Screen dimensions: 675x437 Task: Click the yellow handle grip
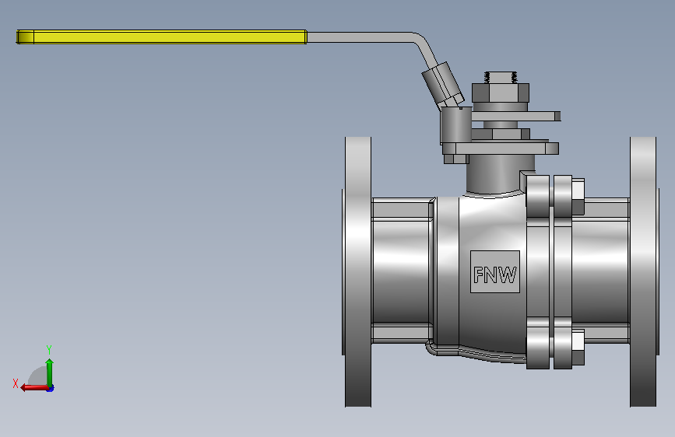[161, 37]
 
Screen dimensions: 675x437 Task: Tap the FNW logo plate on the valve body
[495, 272]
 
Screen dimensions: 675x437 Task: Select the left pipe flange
[357, 272]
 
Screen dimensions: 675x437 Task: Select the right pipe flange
[644, 272]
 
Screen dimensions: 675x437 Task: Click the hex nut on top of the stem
[501, 93]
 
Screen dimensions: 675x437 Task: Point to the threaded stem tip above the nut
[501, 78]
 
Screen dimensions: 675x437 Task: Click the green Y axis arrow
[50, 372]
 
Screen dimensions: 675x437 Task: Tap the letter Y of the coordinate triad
[49, 349]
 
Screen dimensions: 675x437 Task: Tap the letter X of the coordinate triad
[16, 383]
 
